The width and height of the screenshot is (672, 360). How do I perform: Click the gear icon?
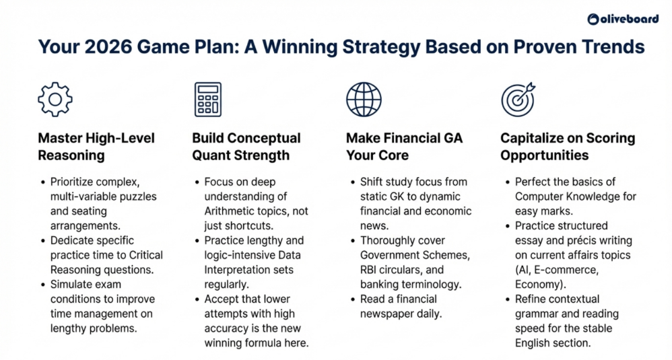point(55,99)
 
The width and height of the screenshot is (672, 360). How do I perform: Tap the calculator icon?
point(207,99)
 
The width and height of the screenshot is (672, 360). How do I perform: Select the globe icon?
point(363,99)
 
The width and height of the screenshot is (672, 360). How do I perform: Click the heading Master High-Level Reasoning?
point(96,147)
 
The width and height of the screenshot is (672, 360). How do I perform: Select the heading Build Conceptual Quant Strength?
point(246,147)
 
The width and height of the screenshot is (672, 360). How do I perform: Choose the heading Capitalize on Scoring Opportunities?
point(567,147)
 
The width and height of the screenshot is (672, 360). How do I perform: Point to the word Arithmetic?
point(232,211)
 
